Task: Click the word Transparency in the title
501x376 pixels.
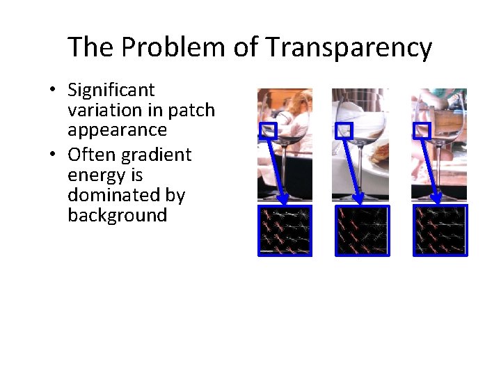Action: [x=349, y=48]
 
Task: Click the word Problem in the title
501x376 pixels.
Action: [x=167, y=48]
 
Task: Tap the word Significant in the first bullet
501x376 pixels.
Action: [x=111, y=91]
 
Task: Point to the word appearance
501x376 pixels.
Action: [x=118, y=131]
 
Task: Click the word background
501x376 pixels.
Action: [x=118, y=215]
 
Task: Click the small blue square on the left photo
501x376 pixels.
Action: [x=268, y=130]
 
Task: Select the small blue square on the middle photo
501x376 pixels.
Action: [x=344, y=130]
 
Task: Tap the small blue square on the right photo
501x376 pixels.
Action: [x=422, y=130]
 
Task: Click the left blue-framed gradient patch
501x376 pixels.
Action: [x=285, y=230]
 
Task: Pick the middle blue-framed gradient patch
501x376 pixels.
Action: [x=363, y=230]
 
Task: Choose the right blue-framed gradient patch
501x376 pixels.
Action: [x=440, y=230]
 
